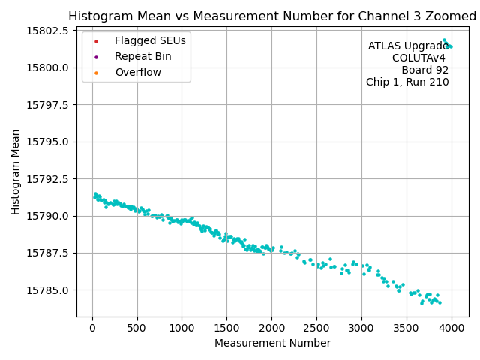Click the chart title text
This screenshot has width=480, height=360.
tap(272, 16)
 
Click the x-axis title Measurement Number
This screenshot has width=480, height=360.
tap(272, 343)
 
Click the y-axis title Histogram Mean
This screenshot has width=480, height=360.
tap(16, 172)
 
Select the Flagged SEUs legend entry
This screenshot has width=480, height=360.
tap(150, 40)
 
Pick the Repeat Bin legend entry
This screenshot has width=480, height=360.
tap(142, 56)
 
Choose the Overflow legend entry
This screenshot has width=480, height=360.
tap(138, 72)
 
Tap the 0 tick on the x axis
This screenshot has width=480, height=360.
tap(92, 327)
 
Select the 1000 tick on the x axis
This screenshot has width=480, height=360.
tap(181, 327)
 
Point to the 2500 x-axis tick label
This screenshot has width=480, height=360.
tap(316, 327)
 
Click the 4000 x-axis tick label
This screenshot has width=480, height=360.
tap(451, 327)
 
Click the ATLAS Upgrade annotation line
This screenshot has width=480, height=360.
tap(408, 46)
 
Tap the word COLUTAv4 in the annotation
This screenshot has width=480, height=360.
tap(420, 58)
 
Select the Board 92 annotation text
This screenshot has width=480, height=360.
tap(424, 70)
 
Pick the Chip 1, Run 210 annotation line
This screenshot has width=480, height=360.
tap(407, 82)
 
